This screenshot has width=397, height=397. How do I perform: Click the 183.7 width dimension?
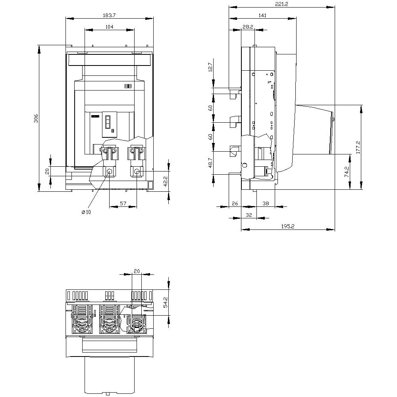point(109,15)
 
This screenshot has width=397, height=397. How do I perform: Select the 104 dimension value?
point(110,27)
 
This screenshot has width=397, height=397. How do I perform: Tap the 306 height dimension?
point(35,118)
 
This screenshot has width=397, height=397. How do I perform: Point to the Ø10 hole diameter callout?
point(86,212)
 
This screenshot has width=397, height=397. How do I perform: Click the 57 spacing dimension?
point(123,203)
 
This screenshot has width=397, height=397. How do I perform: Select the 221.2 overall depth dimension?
point(281,4)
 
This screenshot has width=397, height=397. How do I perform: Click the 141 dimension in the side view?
point(262,15)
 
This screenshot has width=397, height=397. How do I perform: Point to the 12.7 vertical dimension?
point(210,67)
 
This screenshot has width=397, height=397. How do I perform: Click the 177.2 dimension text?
point(358,147)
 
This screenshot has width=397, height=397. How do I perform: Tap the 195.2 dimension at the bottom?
point(287,226)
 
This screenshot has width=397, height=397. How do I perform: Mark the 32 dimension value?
point(249,214)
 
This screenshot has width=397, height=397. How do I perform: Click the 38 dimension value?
point(266,203)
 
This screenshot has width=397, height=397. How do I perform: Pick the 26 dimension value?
point(235,203)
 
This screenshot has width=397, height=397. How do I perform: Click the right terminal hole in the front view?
point(137,172)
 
